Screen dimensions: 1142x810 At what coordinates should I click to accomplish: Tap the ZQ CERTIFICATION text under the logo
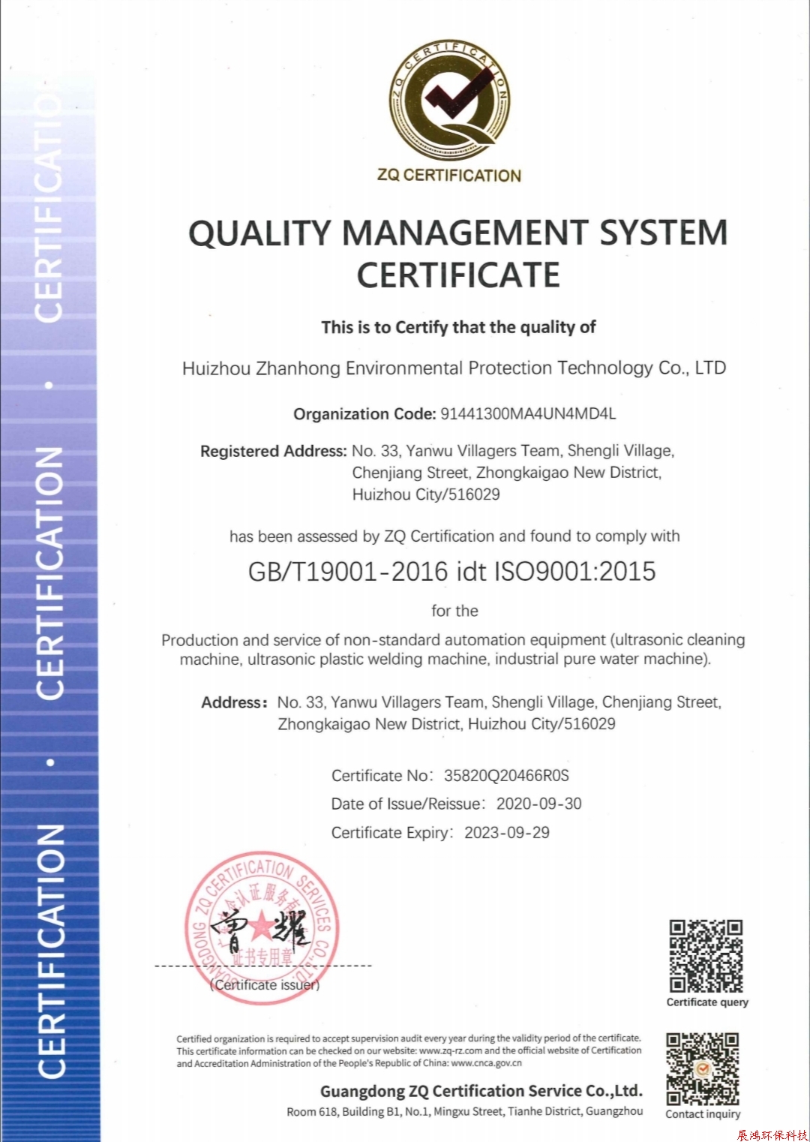(449, 176)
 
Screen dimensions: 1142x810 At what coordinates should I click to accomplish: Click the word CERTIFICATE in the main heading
(458, 275)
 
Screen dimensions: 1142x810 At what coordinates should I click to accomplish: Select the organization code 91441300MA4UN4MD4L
(528, 414)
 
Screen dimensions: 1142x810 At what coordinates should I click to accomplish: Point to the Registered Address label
(273, 452)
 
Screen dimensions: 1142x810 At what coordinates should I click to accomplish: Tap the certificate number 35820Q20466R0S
(506, 776)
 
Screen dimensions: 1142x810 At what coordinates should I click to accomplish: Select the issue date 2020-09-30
(539, 804)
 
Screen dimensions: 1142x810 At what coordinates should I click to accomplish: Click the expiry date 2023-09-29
(507, 833)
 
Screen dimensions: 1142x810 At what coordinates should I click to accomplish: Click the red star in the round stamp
(262, 927)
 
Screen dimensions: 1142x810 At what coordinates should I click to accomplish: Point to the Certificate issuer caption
(265, 985)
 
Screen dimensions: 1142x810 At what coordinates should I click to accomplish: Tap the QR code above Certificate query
(706, 956)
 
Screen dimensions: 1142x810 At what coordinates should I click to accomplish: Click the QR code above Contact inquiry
(703, 1068)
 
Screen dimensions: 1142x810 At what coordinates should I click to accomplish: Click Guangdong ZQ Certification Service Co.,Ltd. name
(481, 1091)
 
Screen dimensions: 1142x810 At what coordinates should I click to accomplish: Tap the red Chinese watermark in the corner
(772, 1135)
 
